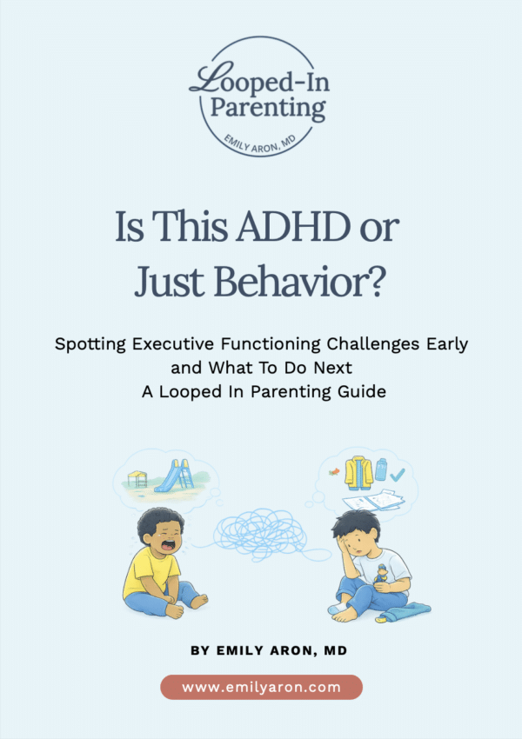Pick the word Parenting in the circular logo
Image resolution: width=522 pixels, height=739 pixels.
tap(262, 110)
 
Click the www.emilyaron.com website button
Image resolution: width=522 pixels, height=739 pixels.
tap(261, 687)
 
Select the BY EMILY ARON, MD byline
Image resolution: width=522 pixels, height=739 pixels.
tap(261, 649)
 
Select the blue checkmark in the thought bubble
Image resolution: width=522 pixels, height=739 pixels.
tap(398, 475)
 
